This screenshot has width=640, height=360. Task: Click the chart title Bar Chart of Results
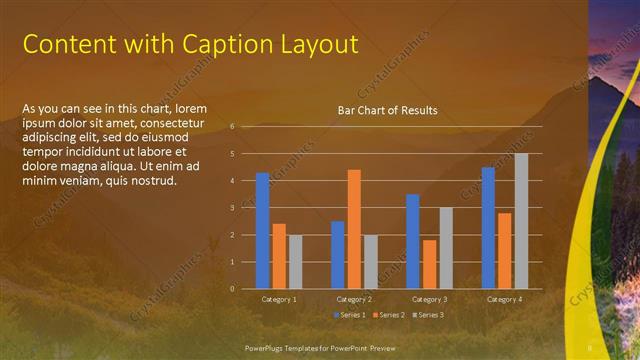click(x=387, y=110)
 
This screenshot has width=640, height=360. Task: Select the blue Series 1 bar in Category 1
click(x=262, y=231)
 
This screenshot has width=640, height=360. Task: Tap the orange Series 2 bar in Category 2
click(x=354, y=229)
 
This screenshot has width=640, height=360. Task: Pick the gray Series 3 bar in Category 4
click(x=521, y=221)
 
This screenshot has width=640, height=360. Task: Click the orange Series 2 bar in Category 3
click(x=429, y=264)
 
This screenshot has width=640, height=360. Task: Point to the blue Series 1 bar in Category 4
click(x=488, y=228)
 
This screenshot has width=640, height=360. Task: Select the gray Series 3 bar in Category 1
click(x=295, y=262)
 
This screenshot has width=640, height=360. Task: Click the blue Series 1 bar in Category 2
click(x=338, y=255)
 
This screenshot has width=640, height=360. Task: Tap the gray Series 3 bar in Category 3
click(x=446, y=248)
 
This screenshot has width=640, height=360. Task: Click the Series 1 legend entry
click(x=348, y=315)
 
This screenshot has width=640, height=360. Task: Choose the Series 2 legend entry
click(x=387, y=315)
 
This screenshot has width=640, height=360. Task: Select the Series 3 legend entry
click(x=427, y=315)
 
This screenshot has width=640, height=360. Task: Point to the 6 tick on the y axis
click(x=231, y=127)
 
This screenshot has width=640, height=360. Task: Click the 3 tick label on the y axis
click(x=231, y=208)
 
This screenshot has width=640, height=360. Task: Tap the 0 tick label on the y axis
click(x=231, y=289)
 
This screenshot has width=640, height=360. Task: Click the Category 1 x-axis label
click(x=279, y=300)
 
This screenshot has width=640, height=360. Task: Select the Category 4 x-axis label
click(x=504, y=300)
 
